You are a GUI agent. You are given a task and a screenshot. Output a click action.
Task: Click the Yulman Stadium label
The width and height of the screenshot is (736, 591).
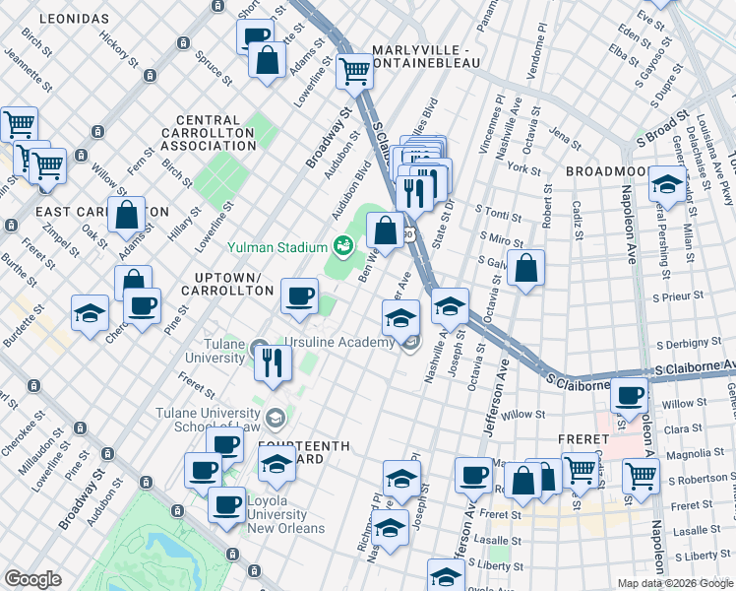tap(278, 246)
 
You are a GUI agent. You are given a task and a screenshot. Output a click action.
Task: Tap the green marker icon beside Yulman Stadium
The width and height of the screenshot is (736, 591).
tap(342, 244)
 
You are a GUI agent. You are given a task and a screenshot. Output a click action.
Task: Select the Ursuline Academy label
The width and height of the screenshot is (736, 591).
tap(340, 342)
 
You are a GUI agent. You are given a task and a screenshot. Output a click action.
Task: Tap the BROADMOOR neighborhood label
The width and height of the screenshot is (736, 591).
tap(604, 171)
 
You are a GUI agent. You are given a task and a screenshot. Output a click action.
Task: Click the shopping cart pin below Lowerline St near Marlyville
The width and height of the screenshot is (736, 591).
tap(354, 69)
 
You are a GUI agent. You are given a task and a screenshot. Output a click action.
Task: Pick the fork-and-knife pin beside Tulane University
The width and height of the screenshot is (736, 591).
tap(272, 361)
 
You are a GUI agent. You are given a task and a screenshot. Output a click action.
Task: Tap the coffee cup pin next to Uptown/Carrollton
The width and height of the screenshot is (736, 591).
tap(299, 294)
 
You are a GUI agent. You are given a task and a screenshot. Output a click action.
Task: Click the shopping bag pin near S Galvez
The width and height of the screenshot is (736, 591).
tap(527, 267)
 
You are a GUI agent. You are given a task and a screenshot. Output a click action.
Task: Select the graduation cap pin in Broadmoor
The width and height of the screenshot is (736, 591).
tap(667, 183)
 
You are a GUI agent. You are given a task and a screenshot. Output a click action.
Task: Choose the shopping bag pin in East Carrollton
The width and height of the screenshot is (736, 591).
tap(128, 214)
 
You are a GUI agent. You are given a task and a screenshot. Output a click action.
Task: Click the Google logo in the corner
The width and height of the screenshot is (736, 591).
tap(33, 579)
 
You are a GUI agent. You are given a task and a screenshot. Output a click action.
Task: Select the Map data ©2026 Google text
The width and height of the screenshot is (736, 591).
tap(674, 583)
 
